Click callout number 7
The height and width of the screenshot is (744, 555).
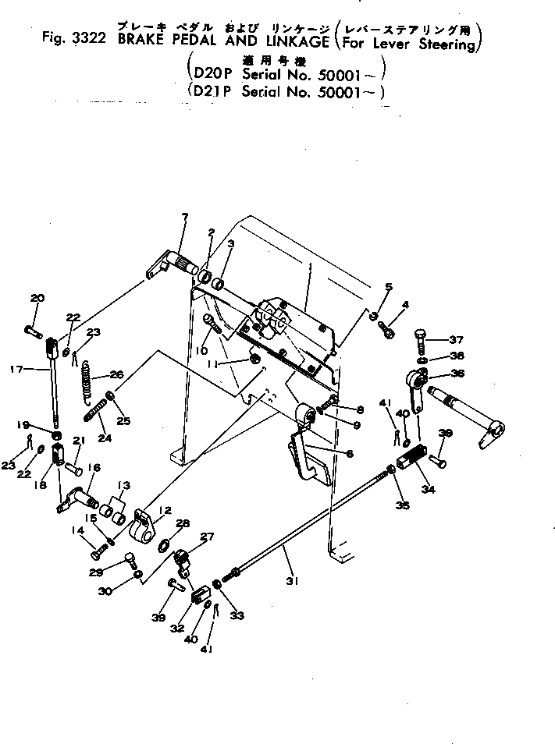[x=184, y=216]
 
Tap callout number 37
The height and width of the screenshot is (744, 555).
[x=456, y=339]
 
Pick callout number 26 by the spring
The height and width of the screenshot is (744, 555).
[x=118, y=373]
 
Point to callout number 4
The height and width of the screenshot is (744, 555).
[x=405, y=303]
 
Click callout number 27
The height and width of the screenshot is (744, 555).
[x=208, y=536]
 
